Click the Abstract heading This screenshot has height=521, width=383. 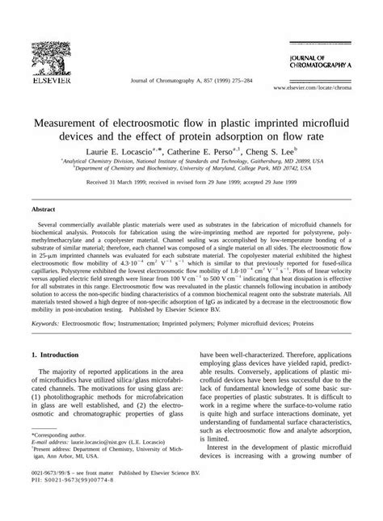44,208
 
